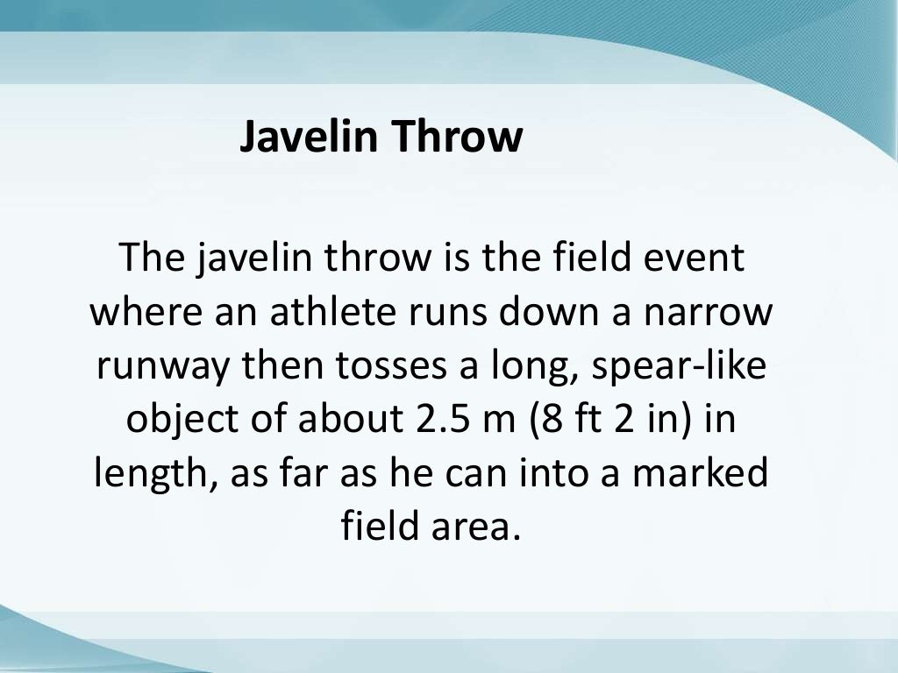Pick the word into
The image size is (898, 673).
(x=552, y=473)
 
